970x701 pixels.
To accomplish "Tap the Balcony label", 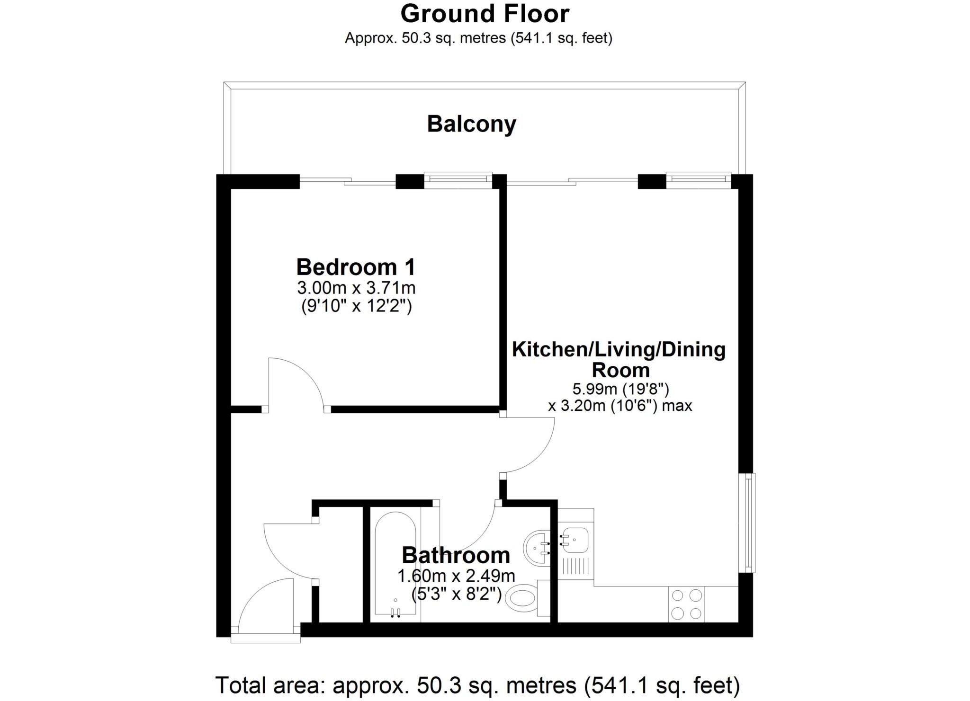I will click(x=471, y=124).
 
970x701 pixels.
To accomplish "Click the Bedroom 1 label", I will click(x=356, y=267).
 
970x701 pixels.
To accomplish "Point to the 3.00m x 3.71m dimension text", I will click(x=356, y=287).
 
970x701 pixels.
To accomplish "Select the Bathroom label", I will click(x=456, y=555).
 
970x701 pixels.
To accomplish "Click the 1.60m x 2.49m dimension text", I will click(x=456, y=576).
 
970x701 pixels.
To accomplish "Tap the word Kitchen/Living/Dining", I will click(x=619, y=350).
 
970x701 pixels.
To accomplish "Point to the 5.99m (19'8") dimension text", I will click(x=620, y=389).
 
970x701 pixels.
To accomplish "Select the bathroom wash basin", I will click(x=538, y=548).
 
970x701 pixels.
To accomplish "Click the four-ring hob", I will click(x=686, y=604).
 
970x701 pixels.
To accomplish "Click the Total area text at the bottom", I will click(x=477, y=684).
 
